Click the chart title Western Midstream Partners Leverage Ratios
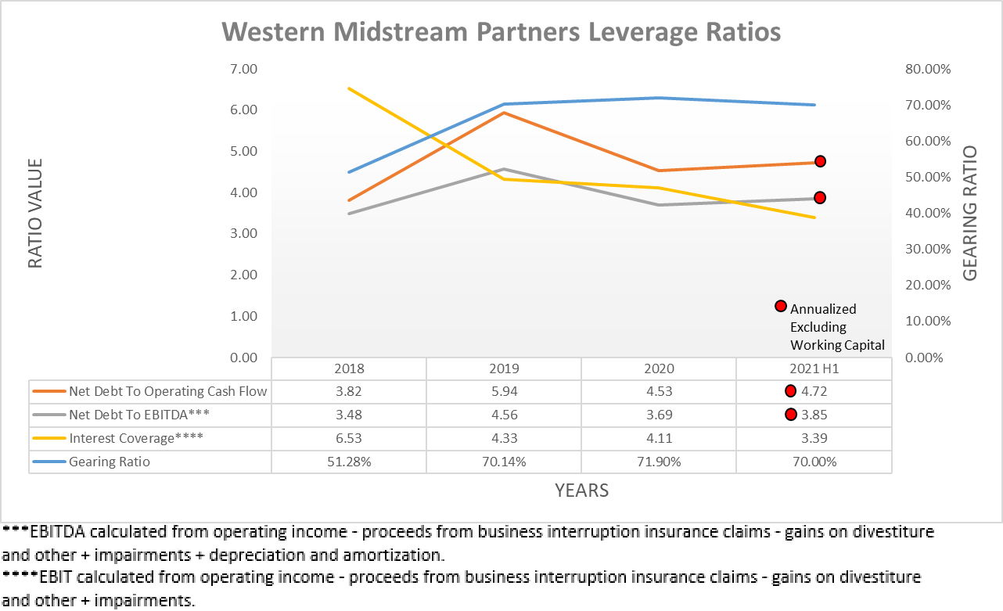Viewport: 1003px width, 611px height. pos(501,33)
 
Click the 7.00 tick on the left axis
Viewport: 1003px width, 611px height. pos(243,69)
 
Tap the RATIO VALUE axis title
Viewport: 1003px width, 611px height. pos(35,214)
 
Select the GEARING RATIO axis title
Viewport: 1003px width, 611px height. pos(970,214)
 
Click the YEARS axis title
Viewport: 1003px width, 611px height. pos(581,491)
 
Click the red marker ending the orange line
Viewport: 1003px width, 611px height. pos(821,161)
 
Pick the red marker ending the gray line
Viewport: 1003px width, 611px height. pos(820,198)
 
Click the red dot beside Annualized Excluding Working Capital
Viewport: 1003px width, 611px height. pos(780,306)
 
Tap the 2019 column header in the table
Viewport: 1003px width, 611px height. pos(504,368)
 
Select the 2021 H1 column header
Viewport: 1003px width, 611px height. pos(814,368)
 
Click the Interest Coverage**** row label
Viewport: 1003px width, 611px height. pos(136,438)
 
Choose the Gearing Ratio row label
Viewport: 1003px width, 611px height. pos(110,462)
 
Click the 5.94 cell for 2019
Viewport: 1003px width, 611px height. pos(504,391)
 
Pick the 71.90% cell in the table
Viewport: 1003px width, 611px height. pos(659,462)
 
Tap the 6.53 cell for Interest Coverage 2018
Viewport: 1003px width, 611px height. pos(349,438)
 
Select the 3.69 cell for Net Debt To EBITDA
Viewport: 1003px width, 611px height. pos(659,415)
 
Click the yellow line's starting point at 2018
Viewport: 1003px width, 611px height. pos(349,88)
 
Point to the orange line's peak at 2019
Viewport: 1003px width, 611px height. pos(505,113)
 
